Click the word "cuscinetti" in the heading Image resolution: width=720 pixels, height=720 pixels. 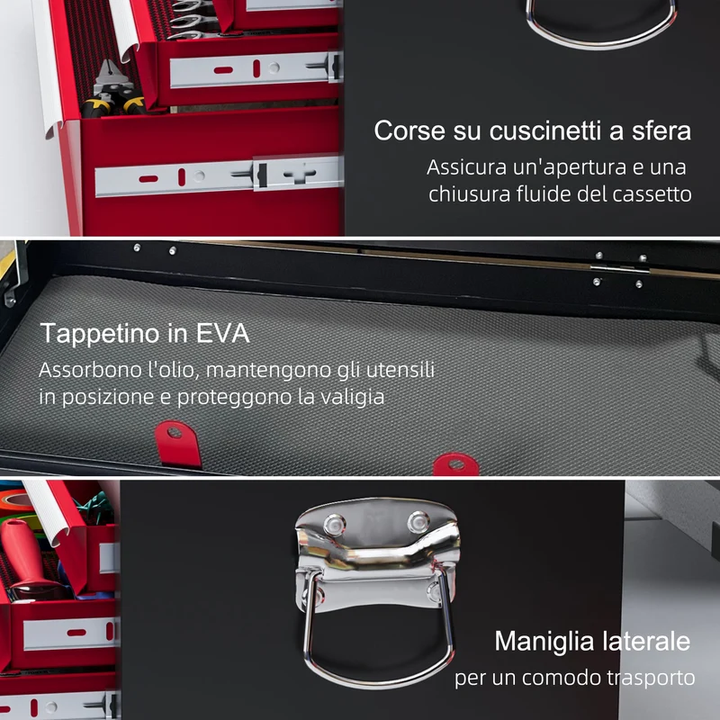tap(545, 130)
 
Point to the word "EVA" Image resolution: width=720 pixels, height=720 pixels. tap(222, 333)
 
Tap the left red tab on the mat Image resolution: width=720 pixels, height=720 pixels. tap(177, 444)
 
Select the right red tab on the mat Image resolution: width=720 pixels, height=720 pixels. tap(456, 464)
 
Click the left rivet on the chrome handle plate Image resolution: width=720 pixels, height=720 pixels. tap(334, 525)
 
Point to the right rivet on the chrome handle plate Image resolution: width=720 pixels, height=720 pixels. tap(418, 522)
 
